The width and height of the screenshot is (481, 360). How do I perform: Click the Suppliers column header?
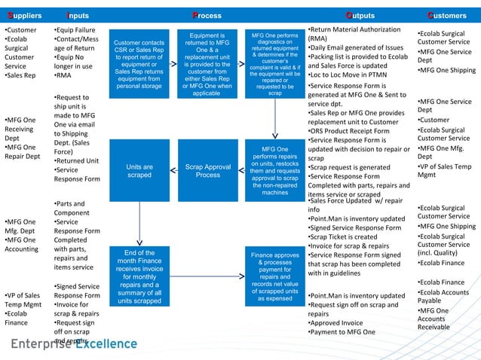click(23, 15)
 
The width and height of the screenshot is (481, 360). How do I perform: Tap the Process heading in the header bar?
click(207, 15)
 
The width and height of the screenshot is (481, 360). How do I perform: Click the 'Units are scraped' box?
click(139, 171)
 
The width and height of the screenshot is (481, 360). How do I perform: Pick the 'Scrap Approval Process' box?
click(207, 171)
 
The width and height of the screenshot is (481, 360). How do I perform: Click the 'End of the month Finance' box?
click(139, 276)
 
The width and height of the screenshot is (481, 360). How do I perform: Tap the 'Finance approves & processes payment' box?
click(274, 276)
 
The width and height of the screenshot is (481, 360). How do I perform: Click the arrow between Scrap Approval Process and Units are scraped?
click(173, 171)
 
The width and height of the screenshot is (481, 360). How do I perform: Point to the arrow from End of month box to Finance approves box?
click(207, 276)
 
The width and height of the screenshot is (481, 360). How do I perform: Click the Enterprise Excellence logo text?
click(73, 344)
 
